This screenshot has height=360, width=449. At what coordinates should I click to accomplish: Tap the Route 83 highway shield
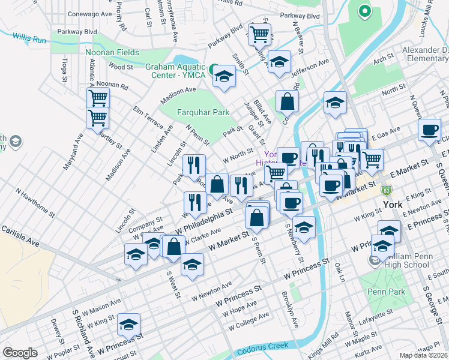(387, 190)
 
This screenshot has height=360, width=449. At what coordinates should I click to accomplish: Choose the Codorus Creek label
(262, 351)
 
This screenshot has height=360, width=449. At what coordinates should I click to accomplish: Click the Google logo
(20, 353)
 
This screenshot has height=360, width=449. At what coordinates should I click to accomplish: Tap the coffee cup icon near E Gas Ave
(429, 130)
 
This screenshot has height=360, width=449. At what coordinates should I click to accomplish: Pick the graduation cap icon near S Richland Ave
(128, 324)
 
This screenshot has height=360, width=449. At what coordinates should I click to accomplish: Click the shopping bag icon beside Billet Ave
(288, 101)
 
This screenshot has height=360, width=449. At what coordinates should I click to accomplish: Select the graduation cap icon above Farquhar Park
(224, 76)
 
